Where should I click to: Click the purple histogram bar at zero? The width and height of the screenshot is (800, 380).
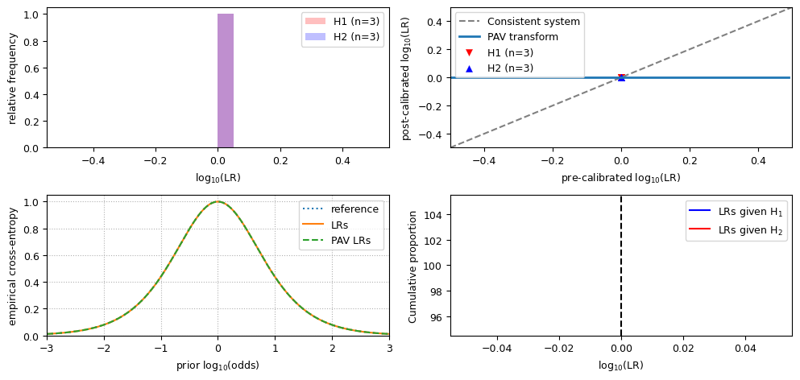click(225, 81)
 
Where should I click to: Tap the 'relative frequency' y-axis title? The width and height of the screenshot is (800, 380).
click(12, 77)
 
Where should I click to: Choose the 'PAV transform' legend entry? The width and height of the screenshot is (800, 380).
click(520, 37)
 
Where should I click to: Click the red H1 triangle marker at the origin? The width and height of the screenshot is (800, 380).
click(621, 76)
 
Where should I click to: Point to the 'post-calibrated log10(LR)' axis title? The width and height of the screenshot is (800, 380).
click(406, 77)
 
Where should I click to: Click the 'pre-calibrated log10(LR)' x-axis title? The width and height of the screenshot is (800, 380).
click(620, 178)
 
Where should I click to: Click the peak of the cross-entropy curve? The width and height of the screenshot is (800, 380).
click(218, 201)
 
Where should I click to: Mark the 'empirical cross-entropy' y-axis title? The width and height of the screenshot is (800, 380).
click(12, 266)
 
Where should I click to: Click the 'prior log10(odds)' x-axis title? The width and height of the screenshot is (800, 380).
click(218, 365)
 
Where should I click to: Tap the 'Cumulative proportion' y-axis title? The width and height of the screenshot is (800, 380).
click(412, 266)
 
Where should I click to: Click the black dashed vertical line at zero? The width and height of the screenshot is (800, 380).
click(621, 282)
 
